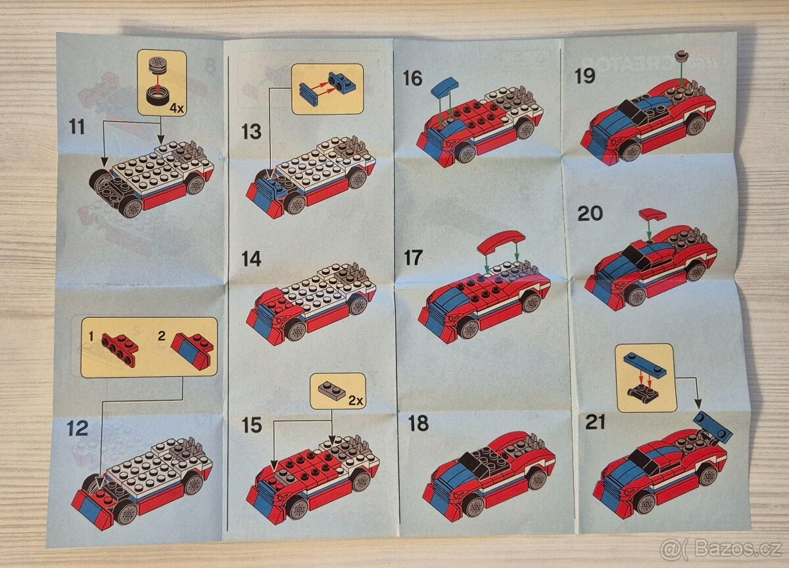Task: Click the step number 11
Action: [x=77, y=126]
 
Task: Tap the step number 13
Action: [x=251, y=132]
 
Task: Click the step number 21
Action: [x=595, y=423]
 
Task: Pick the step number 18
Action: [x=418, y=424]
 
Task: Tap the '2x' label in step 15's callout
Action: [x=356, y=400]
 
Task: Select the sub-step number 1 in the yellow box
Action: [x=91, y=336]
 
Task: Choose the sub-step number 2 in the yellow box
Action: [x=161, y=336]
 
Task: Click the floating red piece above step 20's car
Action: [x=652, y=214]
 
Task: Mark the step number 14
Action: [x=251, y=259]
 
